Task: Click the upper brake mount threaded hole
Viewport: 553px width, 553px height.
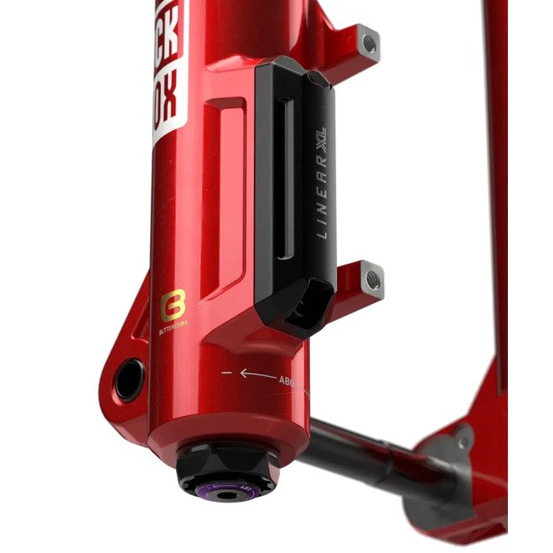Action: [x=370, y=40]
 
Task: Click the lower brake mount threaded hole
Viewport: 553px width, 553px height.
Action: [x=373, y=280]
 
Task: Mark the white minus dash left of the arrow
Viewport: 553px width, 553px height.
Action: [x=227, y=373]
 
